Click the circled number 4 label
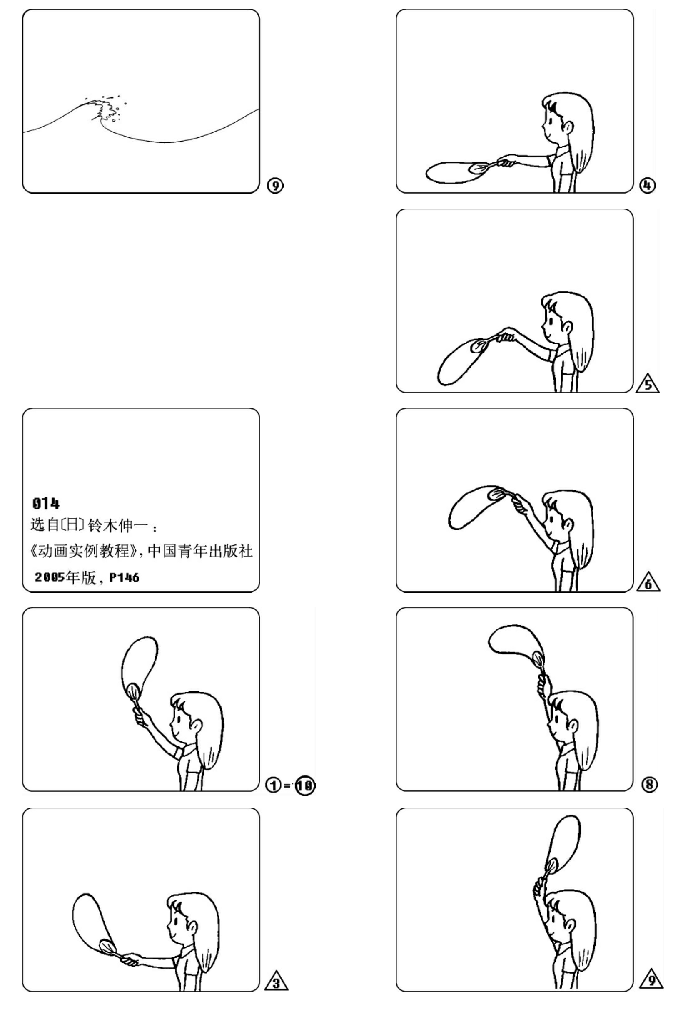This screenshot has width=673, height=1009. [x=647, y=185]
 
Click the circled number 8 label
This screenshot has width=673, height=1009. [x=649, y=785]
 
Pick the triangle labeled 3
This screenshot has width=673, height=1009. [x=277, y=982]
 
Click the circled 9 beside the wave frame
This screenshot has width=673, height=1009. [x=275, y=185]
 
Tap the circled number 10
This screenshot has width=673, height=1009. [x=305, y=785]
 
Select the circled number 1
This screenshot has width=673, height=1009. [x=273, y=785]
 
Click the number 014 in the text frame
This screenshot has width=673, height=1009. [x=46, y=503]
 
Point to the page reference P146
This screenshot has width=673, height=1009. [x=125, y=577]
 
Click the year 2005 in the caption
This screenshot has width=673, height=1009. [x=50, y=577]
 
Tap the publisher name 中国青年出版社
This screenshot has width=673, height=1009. [x=200, y=551]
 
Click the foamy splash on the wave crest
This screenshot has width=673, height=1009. [x=104, y=109]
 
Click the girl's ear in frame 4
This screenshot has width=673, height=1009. [x=567, y=127]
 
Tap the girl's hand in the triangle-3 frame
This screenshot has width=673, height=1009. [x=130, y=960]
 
